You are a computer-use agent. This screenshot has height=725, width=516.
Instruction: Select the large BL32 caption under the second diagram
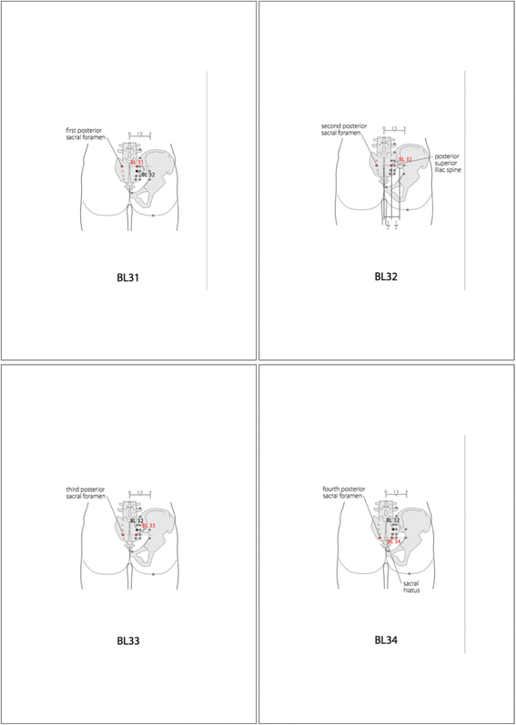[x=387, y=277]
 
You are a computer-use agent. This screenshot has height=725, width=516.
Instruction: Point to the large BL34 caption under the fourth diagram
[x=387, y=639]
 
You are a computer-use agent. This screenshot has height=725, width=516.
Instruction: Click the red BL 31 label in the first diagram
[x=137, y=162]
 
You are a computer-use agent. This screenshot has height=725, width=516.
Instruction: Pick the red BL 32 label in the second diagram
[x=405, y=159]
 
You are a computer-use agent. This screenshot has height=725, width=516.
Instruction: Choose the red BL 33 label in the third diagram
[x=148, y=526]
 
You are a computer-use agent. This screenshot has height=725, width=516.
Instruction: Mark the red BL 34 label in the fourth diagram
[x=394, y=541]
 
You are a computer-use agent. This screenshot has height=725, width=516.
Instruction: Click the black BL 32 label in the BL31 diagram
[x=147, y=174]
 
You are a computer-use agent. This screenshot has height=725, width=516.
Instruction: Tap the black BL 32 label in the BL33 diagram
[x=137, y=520]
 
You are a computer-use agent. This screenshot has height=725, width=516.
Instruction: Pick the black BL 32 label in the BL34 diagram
[x=393, y=520]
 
